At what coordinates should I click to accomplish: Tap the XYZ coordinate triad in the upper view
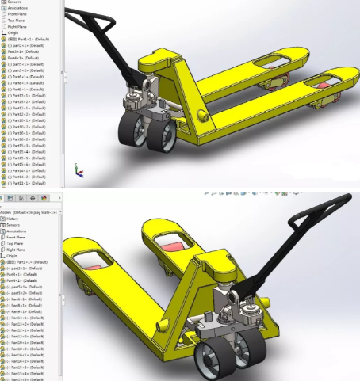pos(77,170)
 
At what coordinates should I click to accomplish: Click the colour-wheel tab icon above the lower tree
pos(44,198)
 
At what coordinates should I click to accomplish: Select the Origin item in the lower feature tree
pos(13,256)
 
